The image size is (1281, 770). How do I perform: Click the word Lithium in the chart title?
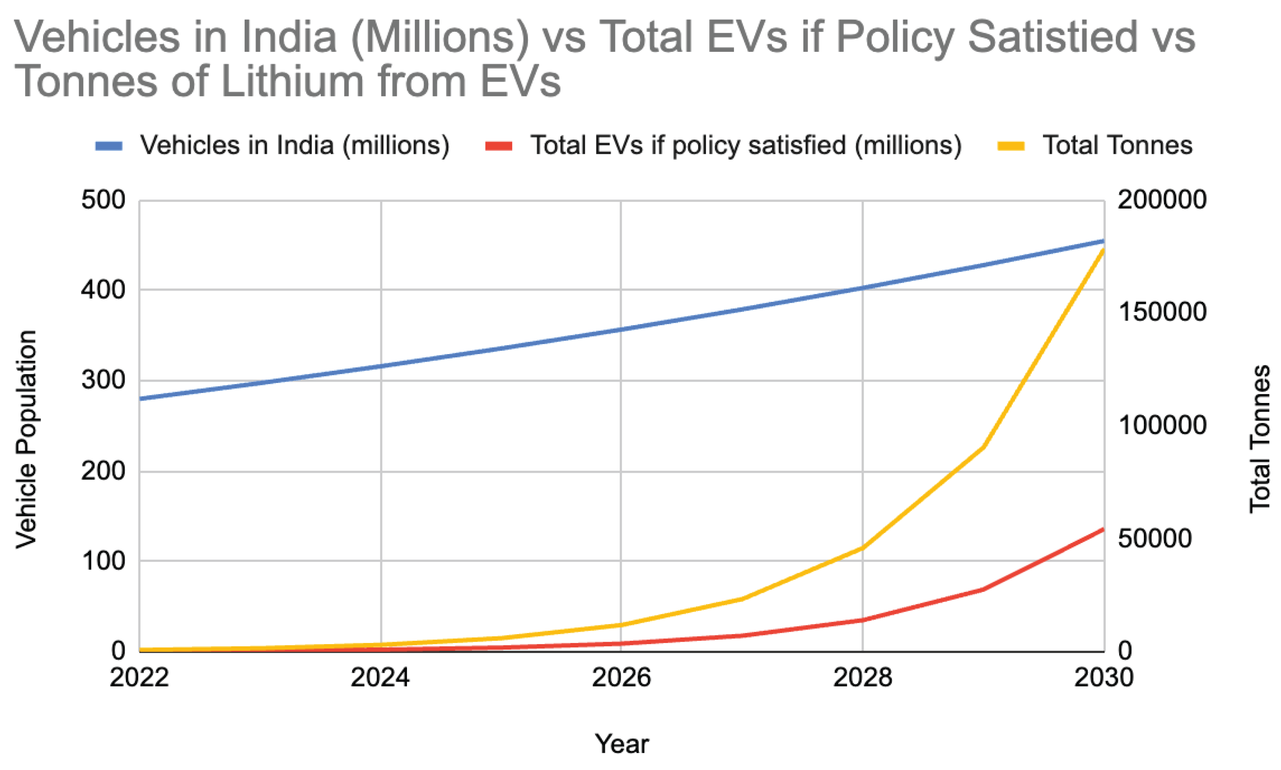pyautogui.click(x=292, y=82)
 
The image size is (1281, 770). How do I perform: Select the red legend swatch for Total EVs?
pyautogui.click(x=499, y=146)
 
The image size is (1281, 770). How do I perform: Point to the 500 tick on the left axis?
pyautogui.click(x=103, y=200)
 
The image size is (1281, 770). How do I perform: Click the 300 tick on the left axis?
pyautogui.click(x=103, y=380)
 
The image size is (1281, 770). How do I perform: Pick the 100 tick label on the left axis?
pyautogui.click(x=103, y=561)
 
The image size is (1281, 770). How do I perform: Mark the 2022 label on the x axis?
pyautogui.click(x=139, y=677)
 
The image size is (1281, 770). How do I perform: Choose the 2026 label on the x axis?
pyautogui.click(x=621, y=677)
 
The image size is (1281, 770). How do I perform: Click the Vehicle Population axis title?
pyautogui.click(x=26, y=439)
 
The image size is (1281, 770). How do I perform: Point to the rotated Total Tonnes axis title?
pyautogui.click(x=1259, y=439)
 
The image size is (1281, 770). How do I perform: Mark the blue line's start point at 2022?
pyautogui.click(x=140, y=398)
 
